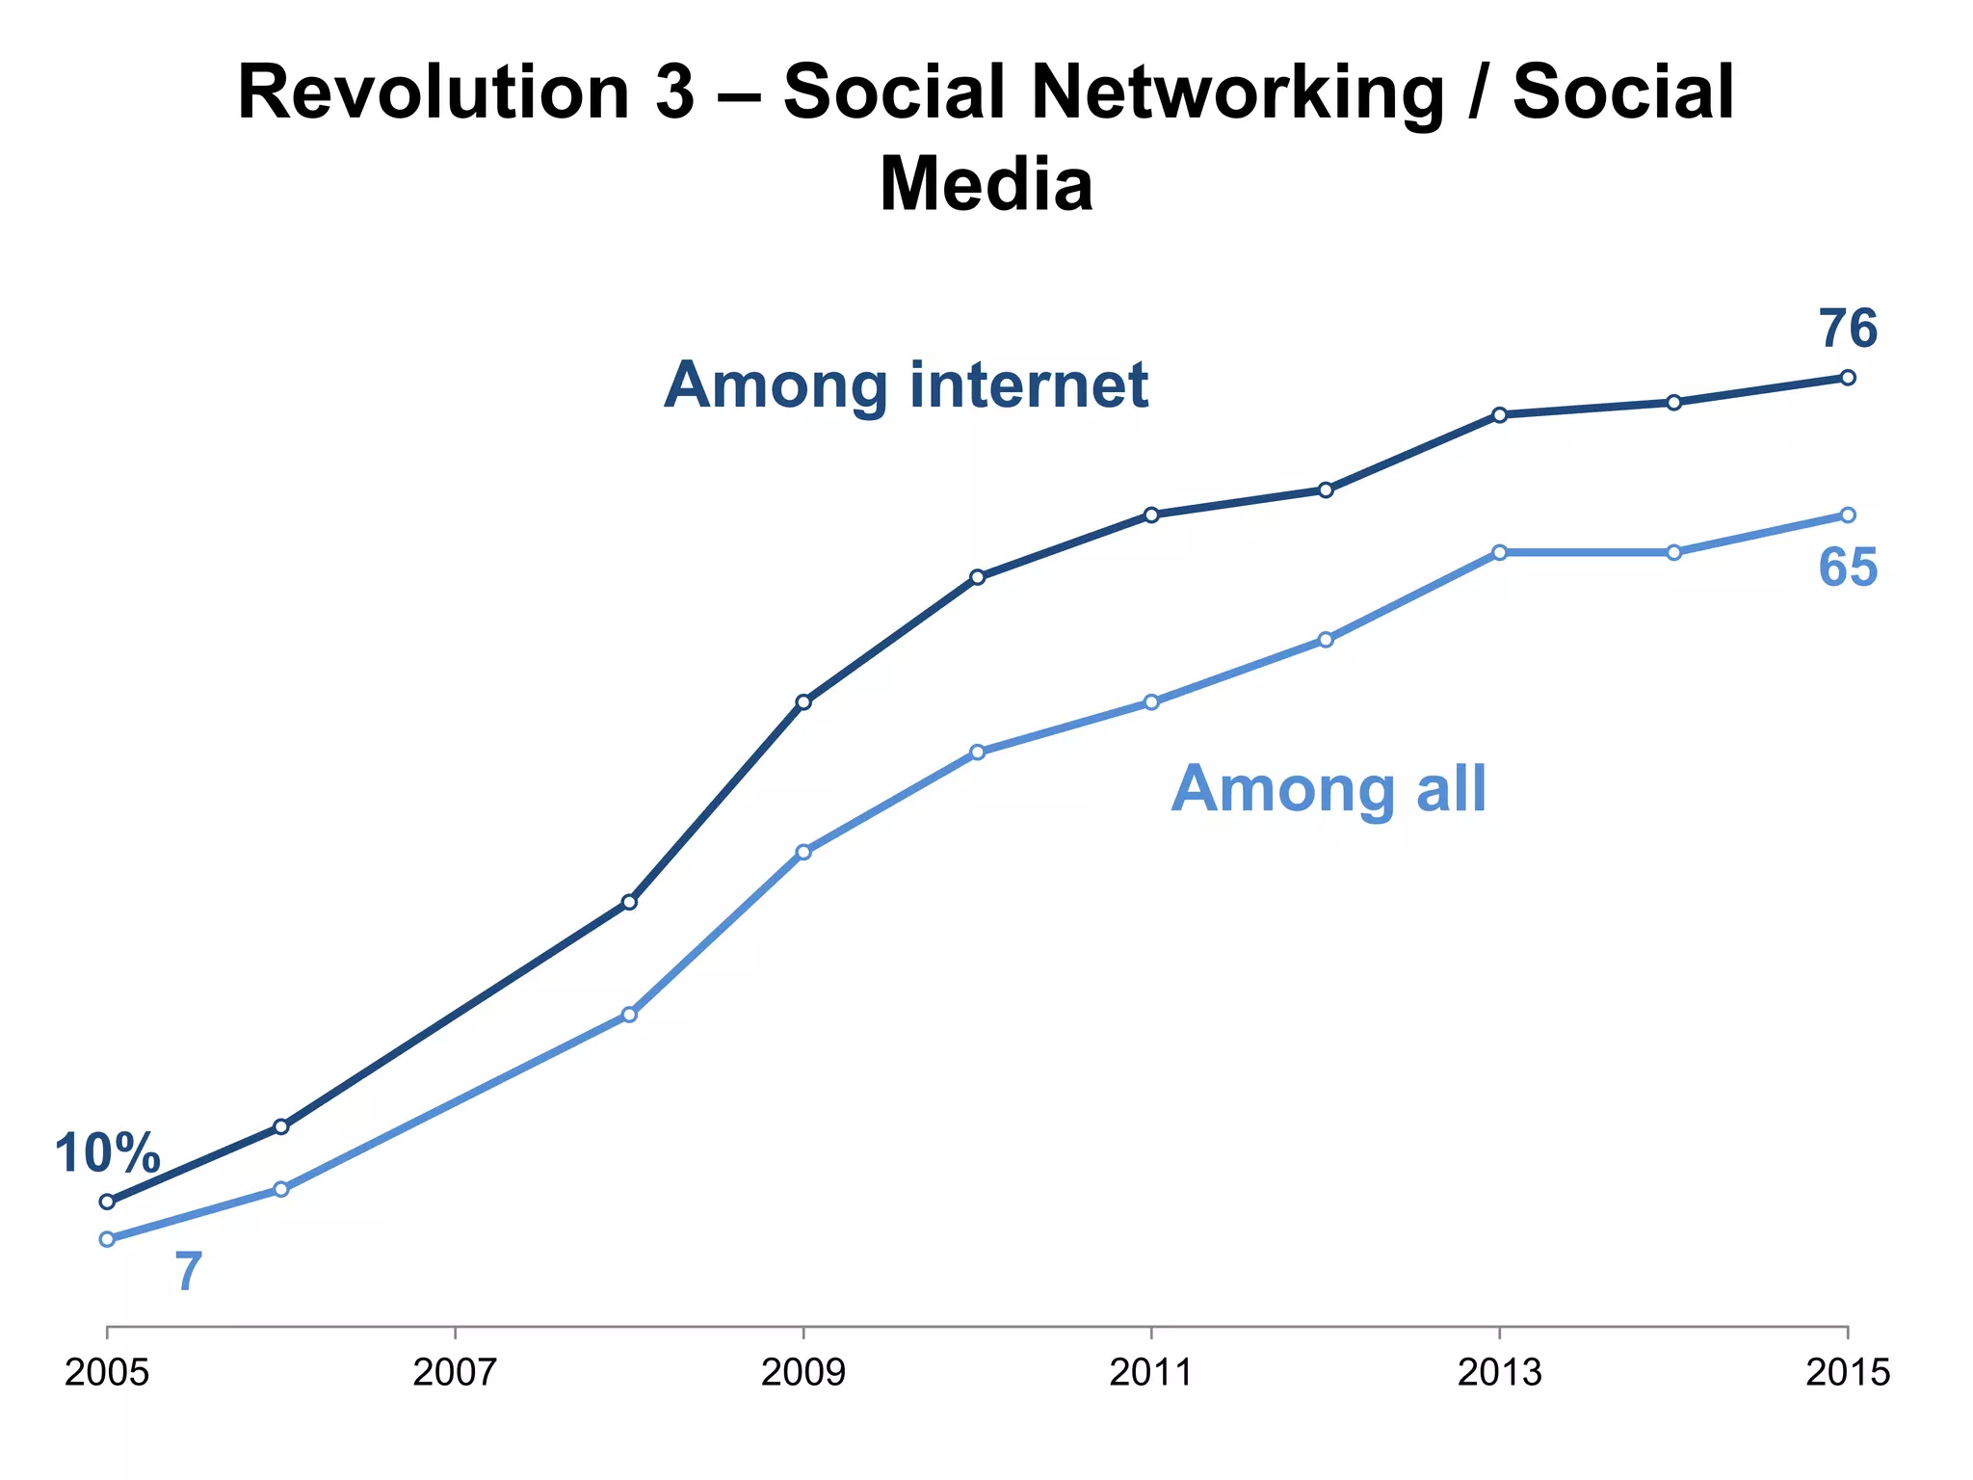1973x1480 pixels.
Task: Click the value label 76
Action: point(1847,330)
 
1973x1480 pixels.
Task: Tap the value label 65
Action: point(1847,568)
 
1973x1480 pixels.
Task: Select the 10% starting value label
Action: point(107,1153)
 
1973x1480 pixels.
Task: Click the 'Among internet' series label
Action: point(906,385)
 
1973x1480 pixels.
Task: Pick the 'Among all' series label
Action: point(1328,789)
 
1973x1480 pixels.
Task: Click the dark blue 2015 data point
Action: point(1847,377)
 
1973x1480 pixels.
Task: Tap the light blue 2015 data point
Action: point(1847,515)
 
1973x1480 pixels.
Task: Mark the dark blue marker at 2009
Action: point(803,701)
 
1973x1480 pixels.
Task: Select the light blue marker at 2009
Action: point(803,852)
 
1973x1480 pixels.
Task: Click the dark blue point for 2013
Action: point(1499,414)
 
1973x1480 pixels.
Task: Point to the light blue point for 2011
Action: point(1151,701)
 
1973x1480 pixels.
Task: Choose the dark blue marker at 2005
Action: point(107,1202)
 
